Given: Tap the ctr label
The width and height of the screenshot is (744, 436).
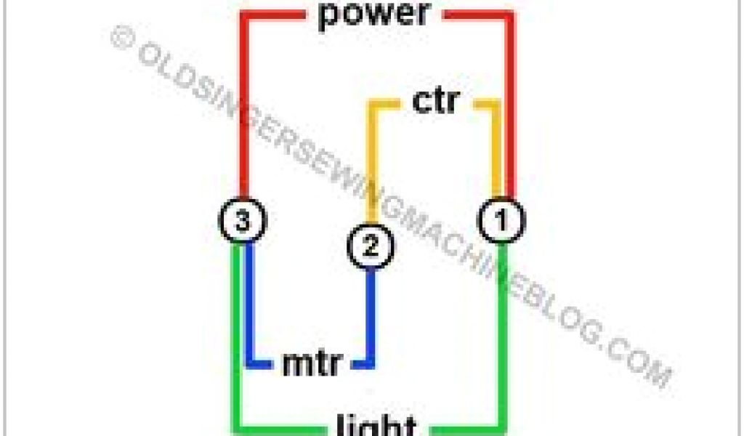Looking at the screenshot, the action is coord(435,102).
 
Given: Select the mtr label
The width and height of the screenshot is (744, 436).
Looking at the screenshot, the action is coord(311,363).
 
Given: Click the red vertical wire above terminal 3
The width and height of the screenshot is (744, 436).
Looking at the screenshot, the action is coord(243,109).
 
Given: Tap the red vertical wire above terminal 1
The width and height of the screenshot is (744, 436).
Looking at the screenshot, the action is coord(511,109).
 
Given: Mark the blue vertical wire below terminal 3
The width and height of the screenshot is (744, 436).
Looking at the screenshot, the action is coord(251,305).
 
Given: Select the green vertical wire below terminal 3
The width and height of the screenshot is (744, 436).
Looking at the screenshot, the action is coord(236,334).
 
